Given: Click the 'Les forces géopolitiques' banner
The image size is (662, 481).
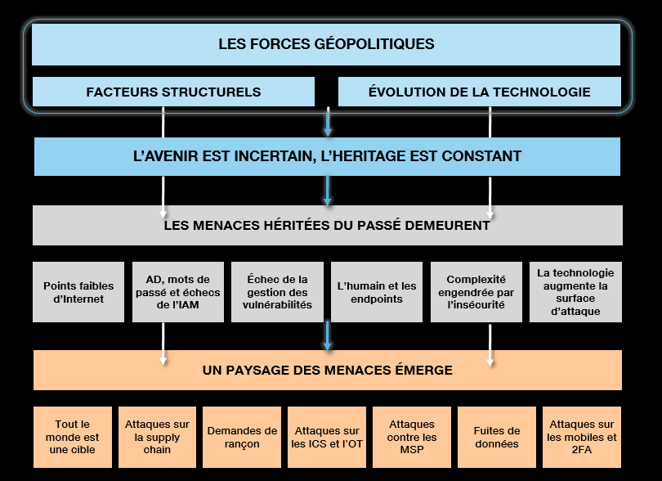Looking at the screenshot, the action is [326, 44].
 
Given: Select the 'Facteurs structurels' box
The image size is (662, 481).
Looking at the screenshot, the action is [173, 92].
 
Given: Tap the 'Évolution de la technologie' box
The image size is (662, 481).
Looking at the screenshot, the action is [480, 92].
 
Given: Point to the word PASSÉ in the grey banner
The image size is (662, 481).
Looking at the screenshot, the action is [377, 224].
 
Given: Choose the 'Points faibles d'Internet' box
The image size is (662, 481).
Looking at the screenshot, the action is [78, 292].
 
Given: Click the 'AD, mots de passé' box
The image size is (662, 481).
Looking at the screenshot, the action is [177, 292].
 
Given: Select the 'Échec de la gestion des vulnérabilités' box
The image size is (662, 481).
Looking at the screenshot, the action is [277, 292].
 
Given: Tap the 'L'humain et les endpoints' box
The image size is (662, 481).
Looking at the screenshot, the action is [377, 292].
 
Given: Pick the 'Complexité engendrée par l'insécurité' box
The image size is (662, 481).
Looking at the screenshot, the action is [476, 292].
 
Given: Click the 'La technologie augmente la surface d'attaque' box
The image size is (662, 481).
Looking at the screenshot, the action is [576, 292].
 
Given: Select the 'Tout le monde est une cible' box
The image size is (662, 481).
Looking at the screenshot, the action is [73, 437].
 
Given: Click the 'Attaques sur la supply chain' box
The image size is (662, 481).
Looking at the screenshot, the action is [157, 437].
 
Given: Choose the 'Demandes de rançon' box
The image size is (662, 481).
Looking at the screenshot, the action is [242, 437].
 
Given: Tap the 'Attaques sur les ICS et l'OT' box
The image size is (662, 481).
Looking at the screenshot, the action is [327, 437].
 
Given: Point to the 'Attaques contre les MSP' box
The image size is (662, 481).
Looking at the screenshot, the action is [412, 437].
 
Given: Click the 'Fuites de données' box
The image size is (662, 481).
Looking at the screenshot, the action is [497, 437].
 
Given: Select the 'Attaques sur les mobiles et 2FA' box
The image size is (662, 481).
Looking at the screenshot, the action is [582, 437].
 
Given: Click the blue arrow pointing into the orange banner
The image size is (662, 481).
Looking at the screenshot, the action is [327, 336].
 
